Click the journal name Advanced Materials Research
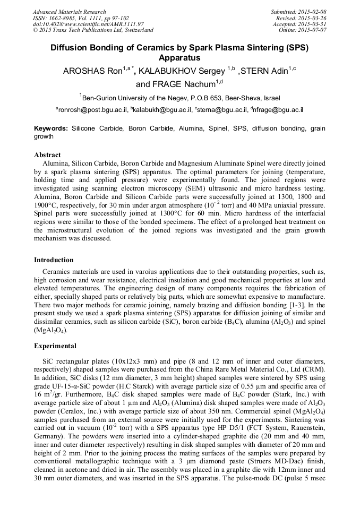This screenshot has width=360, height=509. click(69, 12)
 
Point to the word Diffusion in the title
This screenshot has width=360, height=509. click(73, 47)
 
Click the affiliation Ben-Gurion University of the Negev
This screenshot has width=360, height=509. click(139, 98)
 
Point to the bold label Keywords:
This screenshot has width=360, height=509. click(51, 128)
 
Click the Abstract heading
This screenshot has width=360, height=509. click(47, 155)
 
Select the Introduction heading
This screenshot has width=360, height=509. click(54, 260)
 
